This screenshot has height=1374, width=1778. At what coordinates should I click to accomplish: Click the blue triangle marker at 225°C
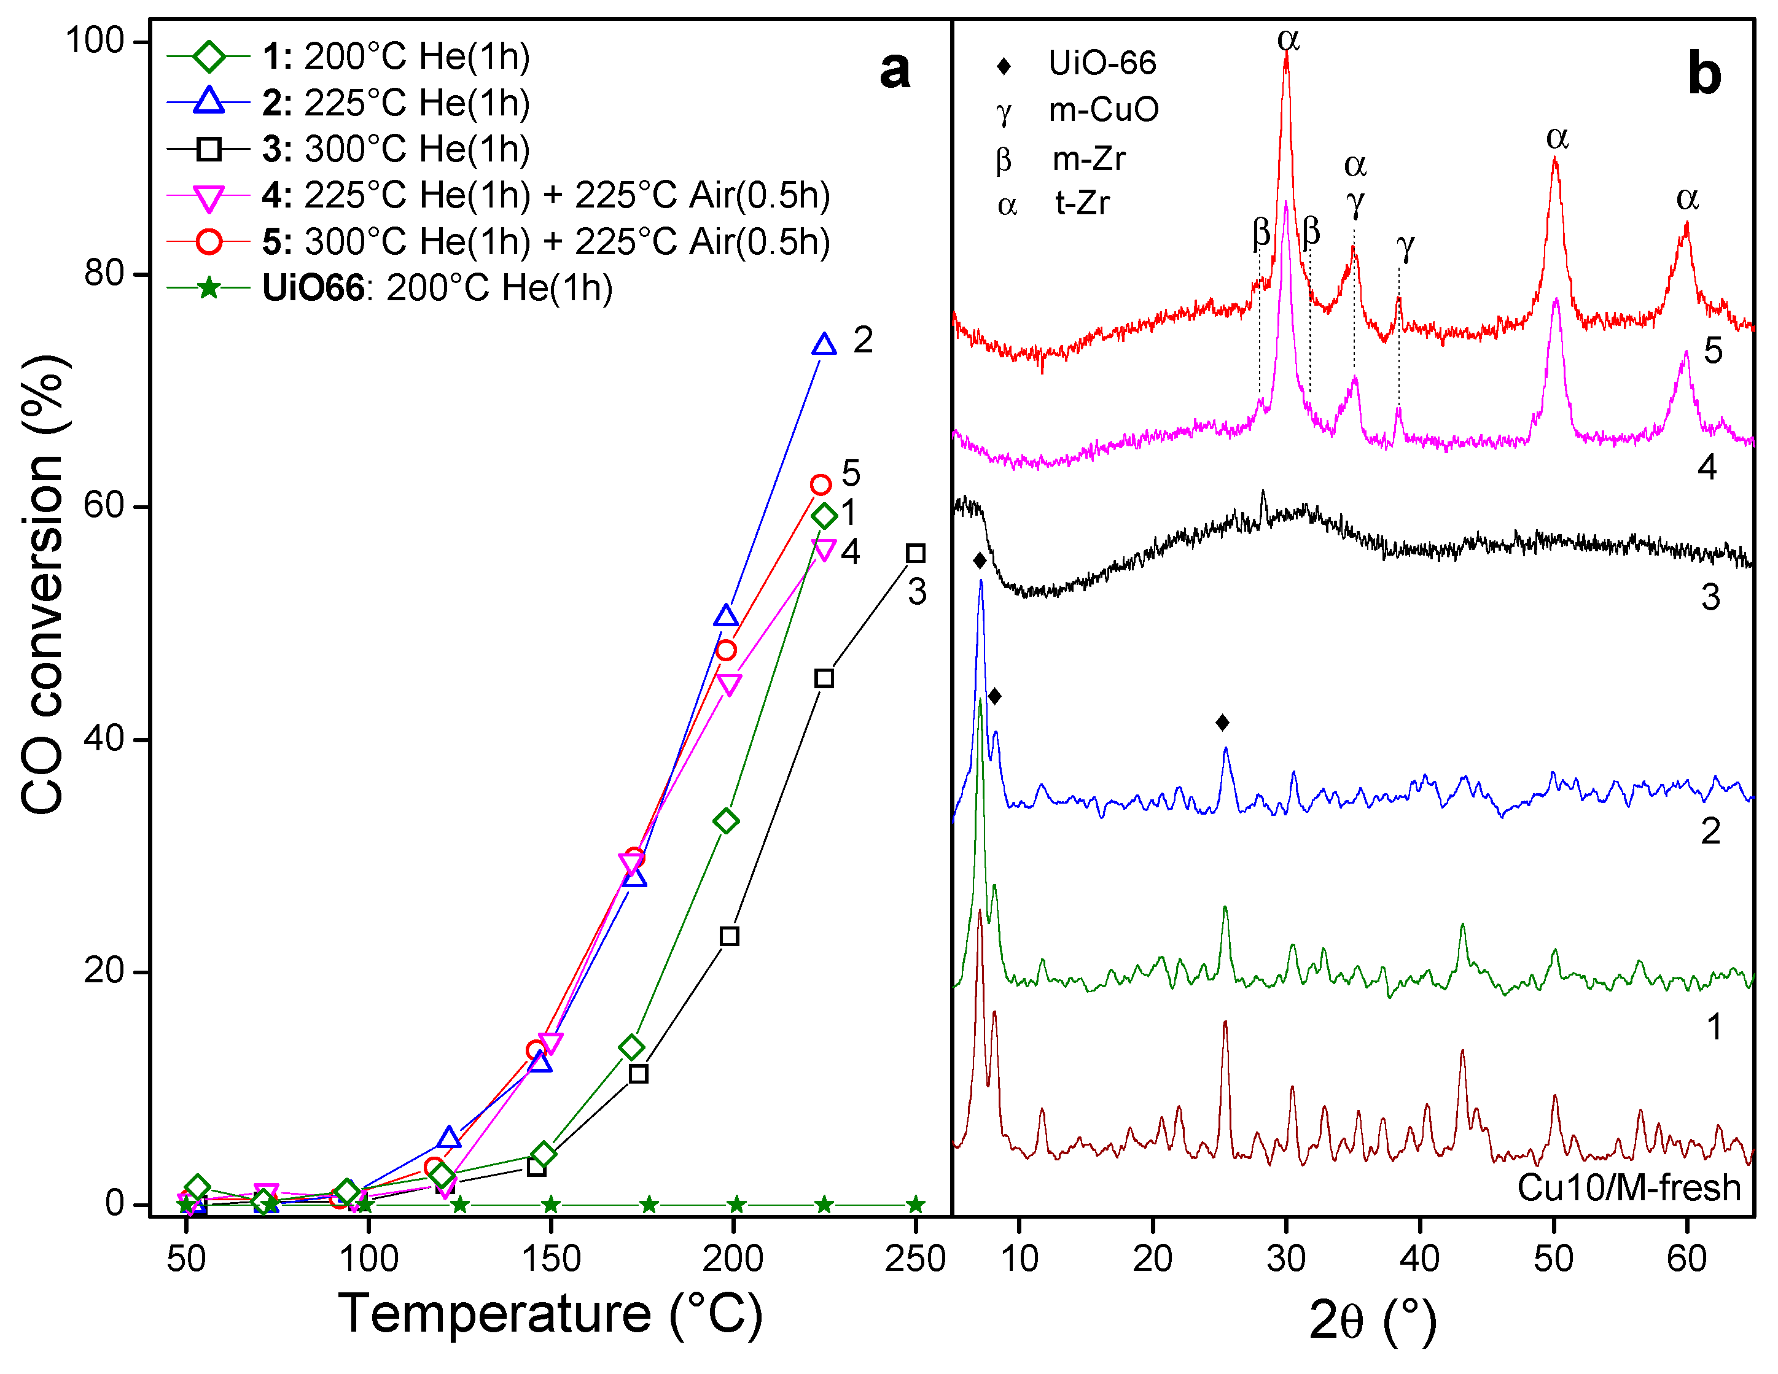tap(824, 345)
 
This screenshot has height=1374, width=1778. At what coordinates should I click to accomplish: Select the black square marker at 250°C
tap(915, 554)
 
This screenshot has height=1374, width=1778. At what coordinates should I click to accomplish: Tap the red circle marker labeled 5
tap(821, 485)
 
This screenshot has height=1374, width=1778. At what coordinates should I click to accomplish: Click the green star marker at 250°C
tap(915, 1205)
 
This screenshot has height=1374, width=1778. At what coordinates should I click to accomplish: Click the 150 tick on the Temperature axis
tap(551, 1259)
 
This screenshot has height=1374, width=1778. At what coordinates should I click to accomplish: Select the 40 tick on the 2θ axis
tap(1420, 1259)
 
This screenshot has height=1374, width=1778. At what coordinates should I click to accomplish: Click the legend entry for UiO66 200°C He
tap(436, 288)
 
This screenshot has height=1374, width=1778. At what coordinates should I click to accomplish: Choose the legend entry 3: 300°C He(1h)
tap(396, 149)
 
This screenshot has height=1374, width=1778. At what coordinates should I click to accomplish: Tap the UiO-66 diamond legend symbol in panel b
tap(1004, 66)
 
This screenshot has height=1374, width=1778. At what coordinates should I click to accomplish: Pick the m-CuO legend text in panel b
tap(1103, 110)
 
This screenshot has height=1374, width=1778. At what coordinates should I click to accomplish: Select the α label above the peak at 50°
tap(1556, 138)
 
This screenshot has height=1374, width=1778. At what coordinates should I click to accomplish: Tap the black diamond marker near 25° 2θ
tap(1222, 722)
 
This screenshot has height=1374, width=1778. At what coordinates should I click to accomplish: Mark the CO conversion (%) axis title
tap(42, 584)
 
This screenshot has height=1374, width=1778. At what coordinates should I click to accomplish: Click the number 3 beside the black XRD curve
tap(1710, 597)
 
